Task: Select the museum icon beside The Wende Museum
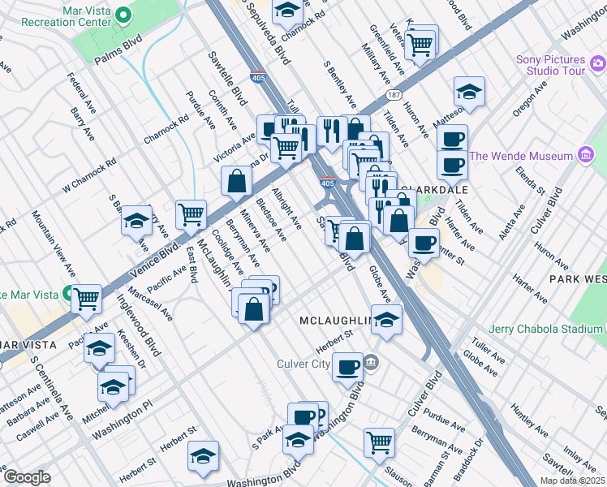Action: pyautogui.click(x=585, y=156)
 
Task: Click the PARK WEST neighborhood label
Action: pyautogui.click(x=577, y=278)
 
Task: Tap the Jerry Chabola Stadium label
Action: pyautogui.click(x=547, y=330)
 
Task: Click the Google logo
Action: pyautogui.click(x=27, y=476)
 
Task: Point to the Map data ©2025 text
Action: pyautogui.click(x=568, y=481)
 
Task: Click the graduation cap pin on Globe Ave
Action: pyautogui.click(x=387, y=319)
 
